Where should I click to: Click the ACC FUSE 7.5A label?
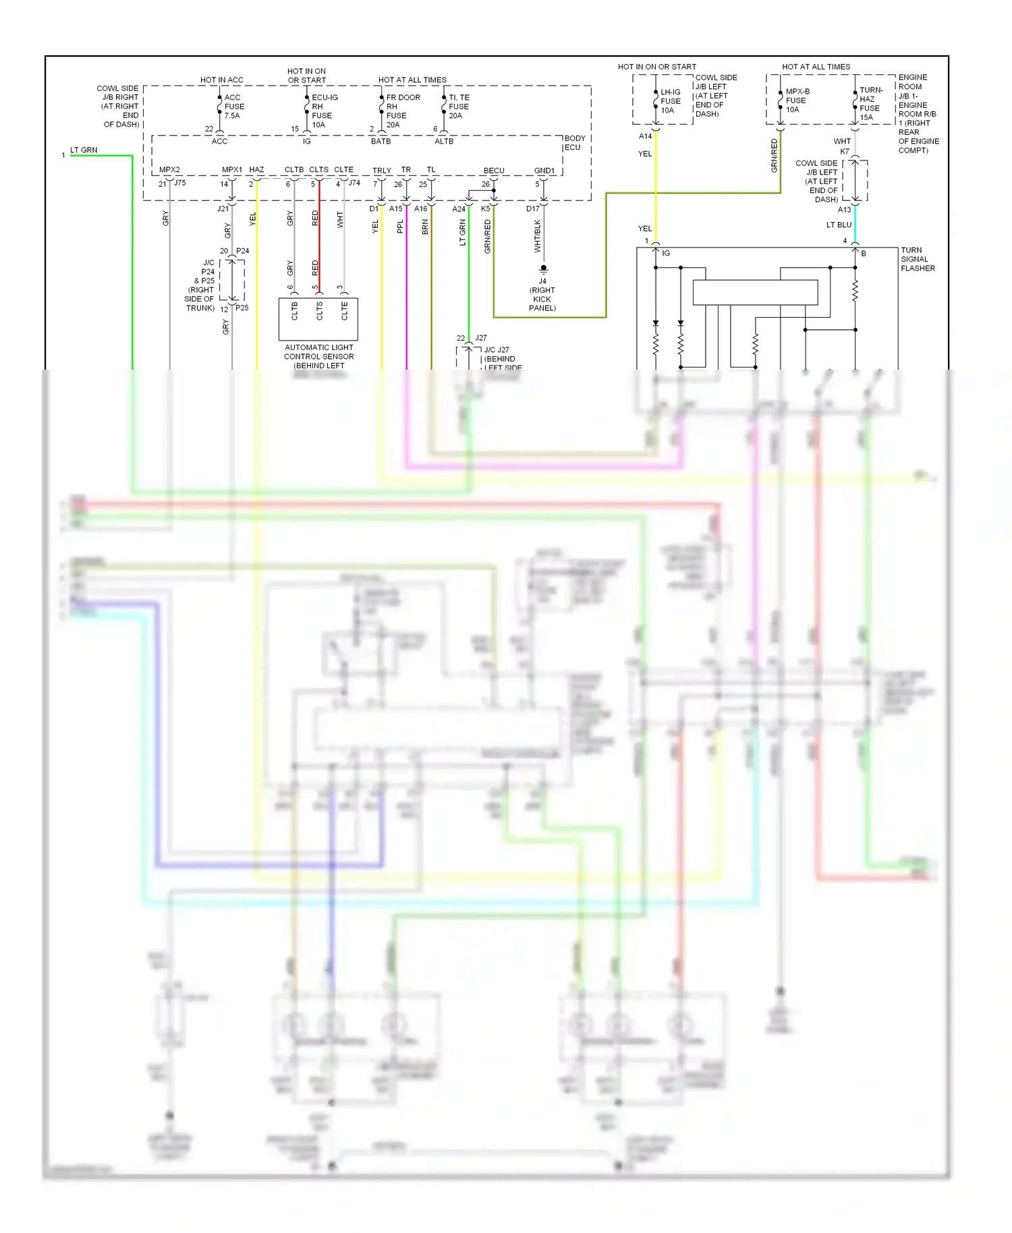point(233,107)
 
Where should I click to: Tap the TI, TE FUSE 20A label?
point(459,107)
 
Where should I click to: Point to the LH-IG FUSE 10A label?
point(670,101)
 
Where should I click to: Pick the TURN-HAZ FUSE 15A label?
point(870,103)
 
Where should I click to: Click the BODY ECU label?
point(574,142)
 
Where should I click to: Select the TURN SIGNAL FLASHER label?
point(917,259)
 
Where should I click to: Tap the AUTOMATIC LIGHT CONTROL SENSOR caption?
point(318,356)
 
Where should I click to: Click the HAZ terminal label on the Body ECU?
point(256,170)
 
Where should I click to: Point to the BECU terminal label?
point(493,171)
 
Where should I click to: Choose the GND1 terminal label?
point(544,171)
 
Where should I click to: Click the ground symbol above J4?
point(543,269)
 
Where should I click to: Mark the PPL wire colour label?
point(400,227)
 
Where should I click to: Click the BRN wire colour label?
point(425,227)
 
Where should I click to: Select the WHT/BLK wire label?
point(538,236)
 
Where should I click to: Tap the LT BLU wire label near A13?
point(839,225)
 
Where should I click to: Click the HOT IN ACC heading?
point(221,80)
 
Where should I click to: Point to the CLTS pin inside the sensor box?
point(319,311)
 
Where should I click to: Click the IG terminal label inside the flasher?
point(666,253)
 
